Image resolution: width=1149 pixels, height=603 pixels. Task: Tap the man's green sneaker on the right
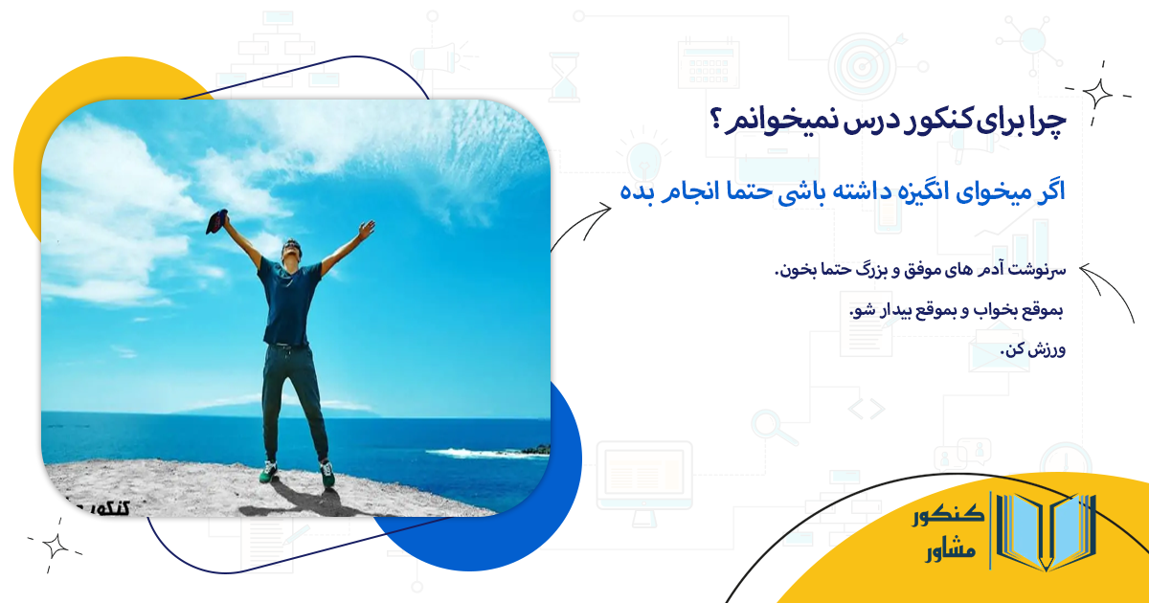pyautogui.click(x=327, y=473)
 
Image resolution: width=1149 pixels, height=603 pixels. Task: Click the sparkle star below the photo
pyautogui.click(x=55, y=546)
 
